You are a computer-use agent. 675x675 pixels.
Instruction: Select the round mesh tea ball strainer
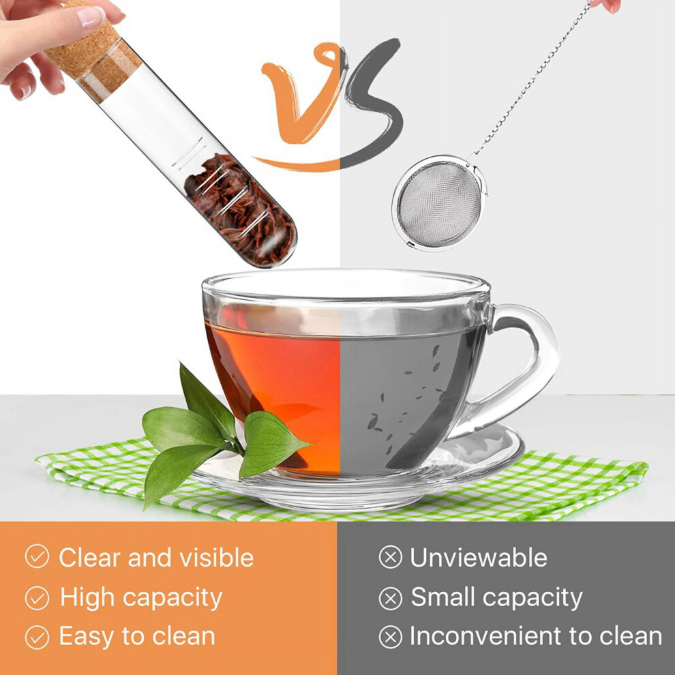coord(439,203)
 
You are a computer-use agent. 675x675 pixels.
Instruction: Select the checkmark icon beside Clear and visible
coord(37,556)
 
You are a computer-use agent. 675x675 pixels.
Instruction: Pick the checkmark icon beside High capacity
coord(37,598)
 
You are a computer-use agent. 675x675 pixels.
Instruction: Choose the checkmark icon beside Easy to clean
coord(37,637)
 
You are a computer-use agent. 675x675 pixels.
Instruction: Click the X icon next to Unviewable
coord(391,556)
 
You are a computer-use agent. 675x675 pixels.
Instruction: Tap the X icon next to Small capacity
coord(391,598)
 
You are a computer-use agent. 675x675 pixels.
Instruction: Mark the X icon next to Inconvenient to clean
coord(391,637)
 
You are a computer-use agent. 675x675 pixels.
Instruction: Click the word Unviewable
coord(478,558)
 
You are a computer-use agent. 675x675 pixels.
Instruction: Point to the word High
coord(87,598)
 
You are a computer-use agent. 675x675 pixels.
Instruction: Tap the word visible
coord(216,558)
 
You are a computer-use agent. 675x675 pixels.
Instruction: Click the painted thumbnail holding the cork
coord(91,16)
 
